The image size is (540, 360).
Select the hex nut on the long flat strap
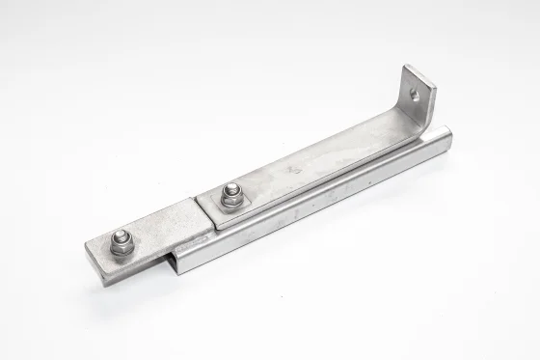tap(232, 195)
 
